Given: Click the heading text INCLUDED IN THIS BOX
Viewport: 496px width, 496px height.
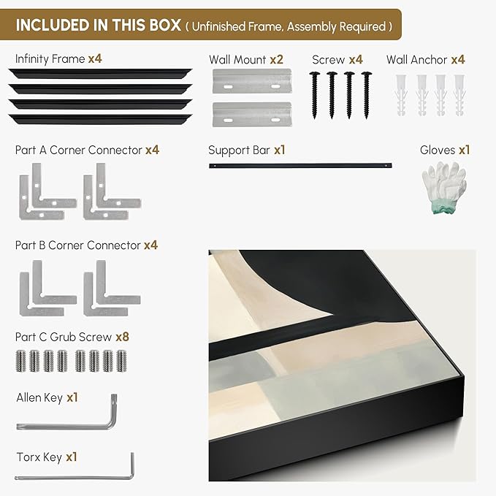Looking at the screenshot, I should click(98, 25).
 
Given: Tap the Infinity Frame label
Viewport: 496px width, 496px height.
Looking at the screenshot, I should click(50, 58).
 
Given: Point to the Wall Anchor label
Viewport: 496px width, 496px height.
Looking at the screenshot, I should click(416, 59).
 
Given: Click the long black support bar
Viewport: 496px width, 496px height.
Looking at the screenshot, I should click(299, 166).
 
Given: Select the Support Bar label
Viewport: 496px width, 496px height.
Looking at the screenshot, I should click(239, 150).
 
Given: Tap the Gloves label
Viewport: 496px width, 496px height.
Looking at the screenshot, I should click(437, 150).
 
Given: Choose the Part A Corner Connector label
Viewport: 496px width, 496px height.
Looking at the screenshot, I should click(78, 150).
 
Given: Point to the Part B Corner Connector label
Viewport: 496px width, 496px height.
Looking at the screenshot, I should click(77, 245).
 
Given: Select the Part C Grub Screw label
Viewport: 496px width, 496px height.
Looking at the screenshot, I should click(64, 337).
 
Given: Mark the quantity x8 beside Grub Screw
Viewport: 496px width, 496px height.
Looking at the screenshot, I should click(123, 337).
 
